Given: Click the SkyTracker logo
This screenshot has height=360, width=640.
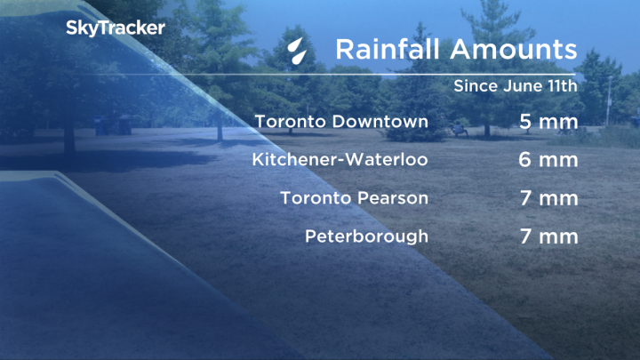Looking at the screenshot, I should coord(115,28).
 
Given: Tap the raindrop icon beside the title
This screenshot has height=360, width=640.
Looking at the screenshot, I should coord(299,50).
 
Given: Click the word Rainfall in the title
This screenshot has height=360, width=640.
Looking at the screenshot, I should coord(386,49).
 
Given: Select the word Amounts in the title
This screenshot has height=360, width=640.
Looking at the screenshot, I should coord(510,49).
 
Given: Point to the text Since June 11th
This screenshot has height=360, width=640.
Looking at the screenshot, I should coord(516,87).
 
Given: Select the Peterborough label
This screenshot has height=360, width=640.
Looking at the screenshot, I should coord(366,237).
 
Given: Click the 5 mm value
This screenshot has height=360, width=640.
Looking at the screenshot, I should coord(549,122).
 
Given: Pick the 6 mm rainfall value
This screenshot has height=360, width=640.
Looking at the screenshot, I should coord(549,160).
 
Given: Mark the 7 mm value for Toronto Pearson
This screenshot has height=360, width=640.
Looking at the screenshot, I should coord(549,198).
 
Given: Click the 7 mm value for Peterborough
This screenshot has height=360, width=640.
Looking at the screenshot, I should coord(549,237).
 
